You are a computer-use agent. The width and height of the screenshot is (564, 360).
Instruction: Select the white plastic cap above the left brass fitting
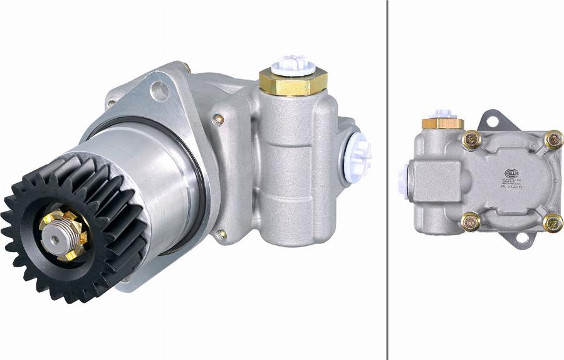293,63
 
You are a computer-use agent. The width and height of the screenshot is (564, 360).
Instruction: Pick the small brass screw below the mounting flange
221,235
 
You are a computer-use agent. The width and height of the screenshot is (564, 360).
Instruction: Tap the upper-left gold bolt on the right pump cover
472,140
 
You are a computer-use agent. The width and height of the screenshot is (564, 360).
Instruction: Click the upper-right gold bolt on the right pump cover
553,139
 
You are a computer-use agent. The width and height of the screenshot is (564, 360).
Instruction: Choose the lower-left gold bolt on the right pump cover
471,221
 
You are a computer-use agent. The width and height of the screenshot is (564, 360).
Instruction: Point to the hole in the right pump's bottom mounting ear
520,238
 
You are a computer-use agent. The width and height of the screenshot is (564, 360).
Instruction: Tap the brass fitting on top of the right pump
442,123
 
